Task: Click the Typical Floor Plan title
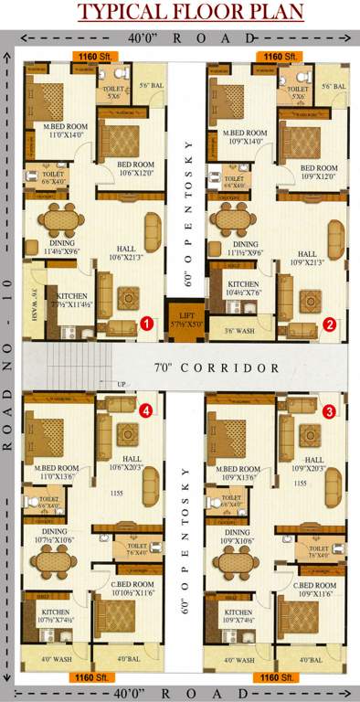pos(180,13)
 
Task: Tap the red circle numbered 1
pos(147,324)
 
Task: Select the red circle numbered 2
pos(330,324)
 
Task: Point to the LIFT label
pos(179,316)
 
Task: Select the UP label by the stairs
pos(123,384)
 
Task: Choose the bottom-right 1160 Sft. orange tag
pos(275,677)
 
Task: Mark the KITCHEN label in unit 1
pos(71,297)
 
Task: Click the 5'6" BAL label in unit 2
pos(334,87)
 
